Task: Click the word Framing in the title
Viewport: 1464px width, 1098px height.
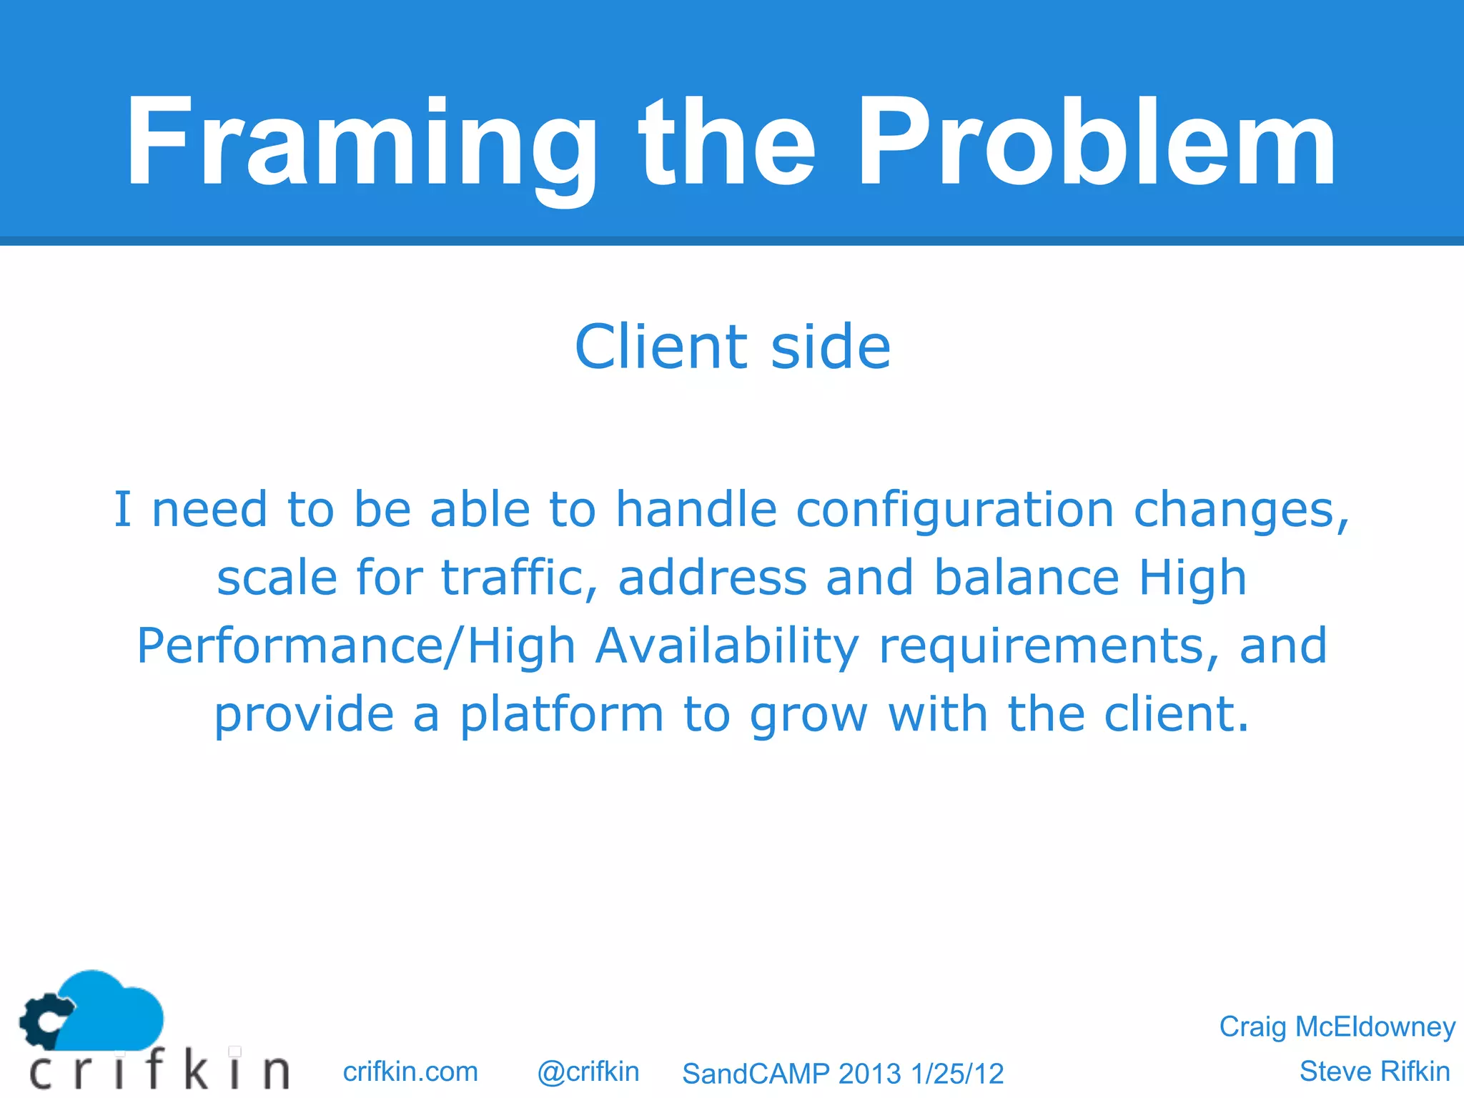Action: click(x=361, y=143)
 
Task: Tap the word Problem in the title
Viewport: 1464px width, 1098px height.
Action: click(x=1095, y=143)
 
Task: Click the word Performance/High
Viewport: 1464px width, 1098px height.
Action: click(x=356, y=646)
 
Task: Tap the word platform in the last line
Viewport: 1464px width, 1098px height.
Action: click(x=562, y=714)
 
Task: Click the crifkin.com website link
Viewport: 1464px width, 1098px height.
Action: click(x=410, y=1072)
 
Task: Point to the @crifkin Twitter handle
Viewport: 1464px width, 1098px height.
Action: click(x=588, y=1072)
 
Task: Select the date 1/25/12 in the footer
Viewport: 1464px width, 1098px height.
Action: click(x=957, y=1074)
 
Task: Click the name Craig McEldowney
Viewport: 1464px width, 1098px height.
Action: click(x=1337, y=1027)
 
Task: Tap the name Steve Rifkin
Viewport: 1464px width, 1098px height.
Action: click(x=1374, y=1072)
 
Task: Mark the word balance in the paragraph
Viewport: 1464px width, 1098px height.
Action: click(x=1027, y=578)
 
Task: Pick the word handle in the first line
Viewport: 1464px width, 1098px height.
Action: click(x=696, y=510)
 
